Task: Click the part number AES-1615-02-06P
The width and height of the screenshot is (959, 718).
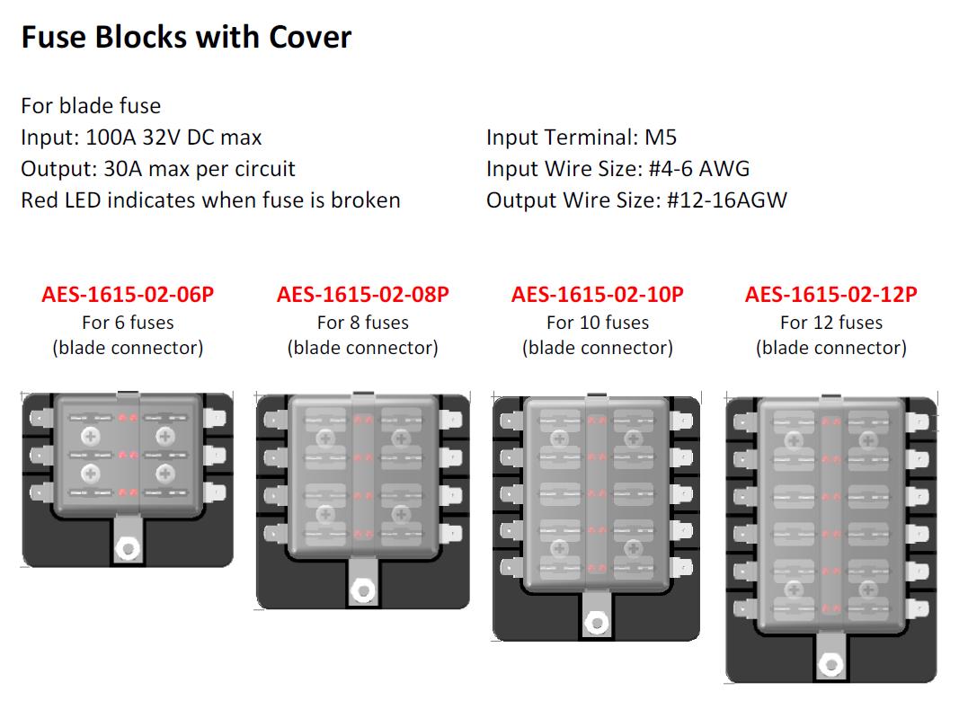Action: coord(128,295)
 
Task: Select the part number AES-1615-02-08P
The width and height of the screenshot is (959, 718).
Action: coord(363,295)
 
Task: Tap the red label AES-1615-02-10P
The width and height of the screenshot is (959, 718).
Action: coord(598,295)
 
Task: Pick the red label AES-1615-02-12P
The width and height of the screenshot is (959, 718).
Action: coord(831,295)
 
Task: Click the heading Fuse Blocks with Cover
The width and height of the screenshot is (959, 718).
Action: coord(187,38)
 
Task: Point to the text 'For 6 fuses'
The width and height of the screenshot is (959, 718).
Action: coord(128,323)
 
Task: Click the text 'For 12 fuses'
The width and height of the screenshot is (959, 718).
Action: coord(831,323)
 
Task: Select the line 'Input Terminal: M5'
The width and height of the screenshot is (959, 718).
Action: coord(582,137)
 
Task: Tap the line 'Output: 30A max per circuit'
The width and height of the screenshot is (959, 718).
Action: coord(158,169)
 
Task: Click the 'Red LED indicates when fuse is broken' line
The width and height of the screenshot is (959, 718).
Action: coord(210,200)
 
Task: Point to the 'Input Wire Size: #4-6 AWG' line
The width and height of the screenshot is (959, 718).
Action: coord(617,169)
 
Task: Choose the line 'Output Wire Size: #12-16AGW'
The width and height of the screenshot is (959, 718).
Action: coord(636,200)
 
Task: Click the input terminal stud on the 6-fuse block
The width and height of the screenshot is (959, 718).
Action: coord(129,548)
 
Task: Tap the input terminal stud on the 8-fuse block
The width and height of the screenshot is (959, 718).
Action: coord(363,590)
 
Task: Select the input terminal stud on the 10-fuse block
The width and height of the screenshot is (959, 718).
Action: coord(596,624)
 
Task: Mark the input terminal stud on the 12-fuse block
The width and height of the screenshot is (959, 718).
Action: coord(831,665)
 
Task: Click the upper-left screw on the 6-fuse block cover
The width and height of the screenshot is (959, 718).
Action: coord(91,436)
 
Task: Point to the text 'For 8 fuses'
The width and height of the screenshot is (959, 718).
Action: coord(363,323)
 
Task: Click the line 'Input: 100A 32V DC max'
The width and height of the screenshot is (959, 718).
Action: coord(141,137)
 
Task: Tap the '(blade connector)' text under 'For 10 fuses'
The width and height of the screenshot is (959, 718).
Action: coord(598,348)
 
